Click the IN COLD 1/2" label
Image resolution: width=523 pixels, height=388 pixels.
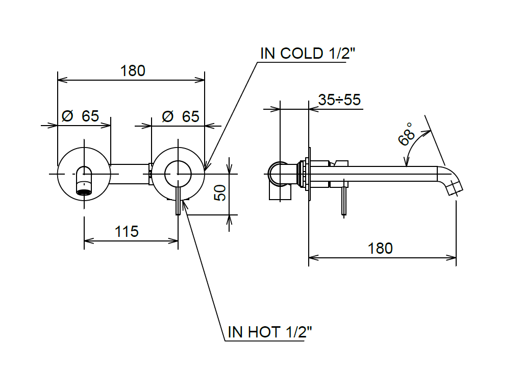pos(308,54)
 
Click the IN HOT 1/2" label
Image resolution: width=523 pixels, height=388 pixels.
pos(269,332)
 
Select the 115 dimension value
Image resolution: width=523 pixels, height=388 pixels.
pos(127,232)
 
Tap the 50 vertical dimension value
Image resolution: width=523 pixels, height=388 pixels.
pos(220,193)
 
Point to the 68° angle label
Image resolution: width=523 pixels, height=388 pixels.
pos(407,134)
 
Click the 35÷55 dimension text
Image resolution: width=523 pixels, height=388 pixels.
pos(339,100)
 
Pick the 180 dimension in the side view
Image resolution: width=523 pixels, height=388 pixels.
pos(380,249)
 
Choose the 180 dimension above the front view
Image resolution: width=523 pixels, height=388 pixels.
pos(133,71)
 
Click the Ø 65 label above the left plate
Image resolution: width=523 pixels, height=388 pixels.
pos(81,116)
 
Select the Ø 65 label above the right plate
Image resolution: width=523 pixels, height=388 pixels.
pos(181,116)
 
